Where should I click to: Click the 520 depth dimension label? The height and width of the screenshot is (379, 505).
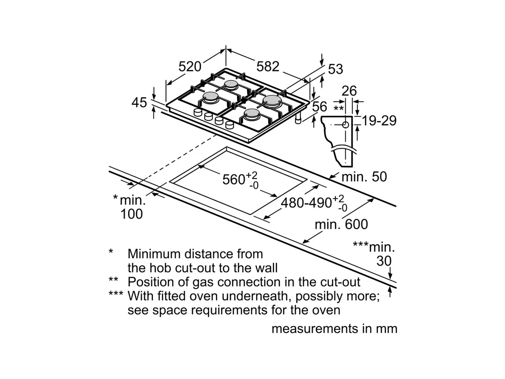point(190,67)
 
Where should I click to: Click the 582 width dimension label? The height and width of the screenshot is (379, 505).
point(268,67)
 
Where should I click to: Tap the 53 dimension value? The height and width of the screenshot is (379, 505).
point(335,69)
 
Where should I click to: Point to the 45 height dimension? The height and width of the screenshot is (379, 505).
point(139,102)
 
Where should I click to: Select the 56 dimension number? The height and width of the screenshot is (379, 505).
point(320,107)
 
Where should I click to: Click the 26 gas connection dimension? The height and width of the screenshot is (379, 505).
point(349,91)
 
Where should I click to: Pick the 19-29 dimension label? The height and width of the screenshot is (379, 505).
point(379,121)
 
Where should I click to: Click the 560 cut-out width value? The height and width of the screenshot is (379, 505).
point(234,179)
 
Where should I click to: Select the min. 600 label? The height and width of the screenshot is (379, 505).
point(341,224)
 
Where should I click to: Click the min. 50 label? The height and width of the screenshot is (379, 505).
point(364,177)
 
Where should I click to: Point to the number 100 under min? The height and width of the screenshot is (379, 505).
point(131,214)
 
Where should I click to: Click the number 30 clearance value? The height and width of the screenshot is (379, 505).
point(384,261)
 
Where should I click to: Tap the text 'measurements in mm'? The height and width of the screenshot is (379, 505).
point(334,329)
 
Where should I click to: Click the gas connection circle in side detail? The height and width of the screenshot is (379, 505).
point(346,125)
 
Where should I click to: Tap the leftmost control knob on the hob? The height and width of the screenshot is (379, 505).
point(198,113)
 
